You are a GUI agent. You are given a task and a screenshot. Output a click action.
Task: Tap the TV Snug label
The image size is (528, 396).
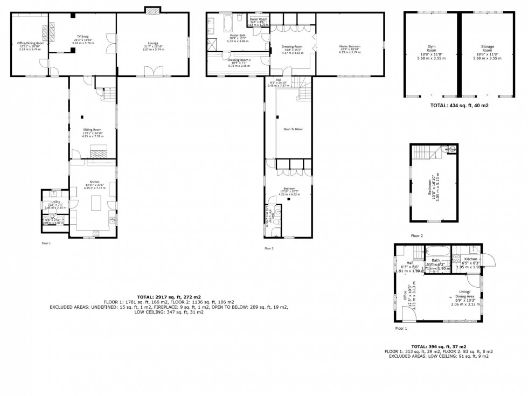tap(82, 38)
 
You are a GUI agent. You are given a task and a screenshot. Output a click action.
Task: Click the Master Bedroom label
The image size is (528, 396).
tap(350, 48)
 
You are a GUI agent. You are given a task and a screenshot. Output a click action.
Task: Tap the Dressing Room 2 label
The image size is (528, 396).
tap(239, 61)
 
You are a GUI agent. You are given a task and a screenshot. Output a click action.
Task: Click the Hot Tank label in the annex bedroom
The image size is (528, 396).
tap(448, 149)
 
